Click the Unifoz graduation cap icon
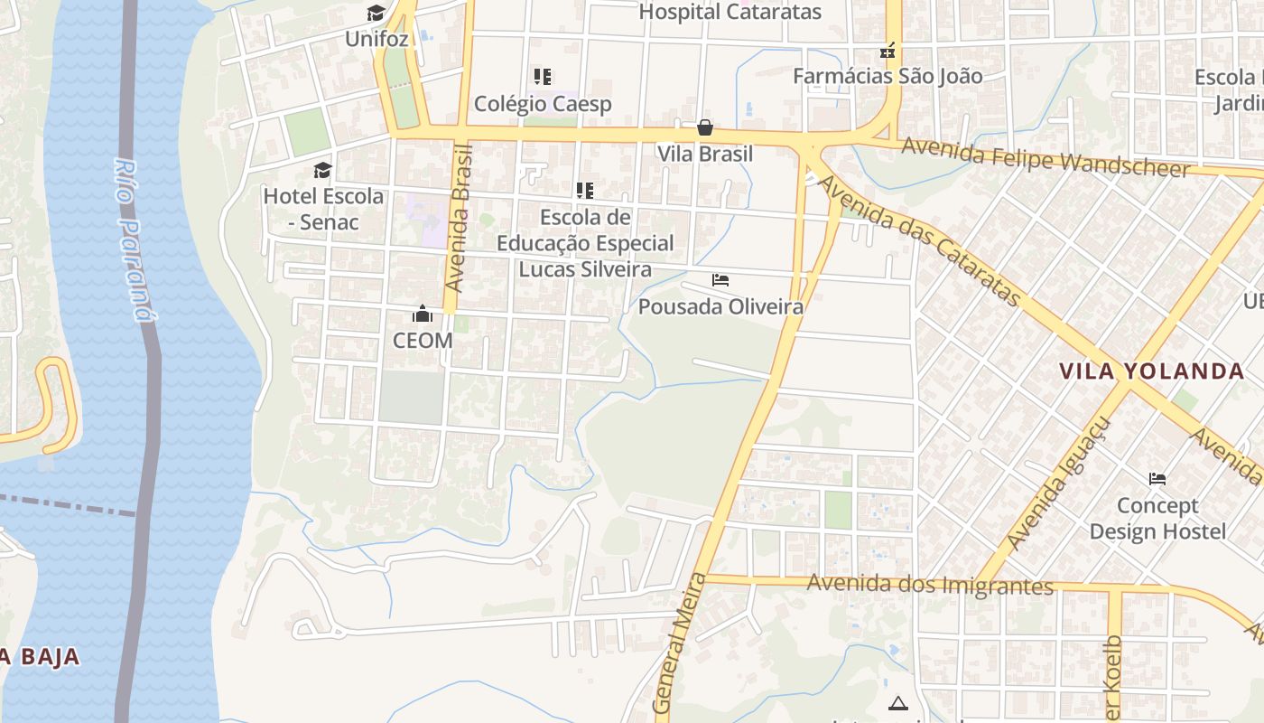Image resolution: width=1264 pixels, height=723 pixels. (x=376, y=14)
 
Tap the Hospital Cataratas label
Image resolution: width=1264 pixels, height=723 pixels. (x=730, y=12)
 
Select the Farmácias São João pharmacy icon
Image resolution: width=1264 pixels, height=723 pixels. (x=888, y=51)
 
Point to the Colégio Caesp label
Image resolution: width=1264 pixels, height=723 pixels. (x=543, y=104)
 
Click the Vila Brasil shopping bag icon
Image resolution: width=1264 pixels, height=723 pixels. (x=705, y=127)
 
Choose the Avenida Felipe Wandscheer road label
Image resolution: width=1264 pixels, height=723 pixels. (x=1046, y=157)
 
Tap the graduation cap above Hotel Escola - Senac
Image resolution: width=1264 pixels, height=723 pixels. (x=322, y=170)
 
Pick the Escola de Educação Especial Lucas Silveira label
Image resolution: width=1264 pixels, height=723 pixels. (x=585, y=243)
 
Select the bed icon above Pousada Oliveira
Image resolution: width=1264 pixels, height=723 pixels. (x=720, y=280)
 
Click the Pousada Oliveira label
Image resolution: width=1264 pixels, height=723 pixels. (x=720, y=307)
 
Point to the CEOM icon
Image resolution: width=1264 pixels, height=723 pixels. (x=422, y=315)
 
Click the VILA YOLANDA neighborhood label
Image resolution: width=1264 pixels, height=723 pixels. (x=1151, y=371)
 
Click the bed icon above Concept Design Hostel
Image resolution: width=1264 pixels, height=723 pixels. (x=1157, y=478)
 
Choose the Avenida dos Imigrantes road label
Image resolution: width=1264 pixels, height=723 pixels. (x=930, y=585)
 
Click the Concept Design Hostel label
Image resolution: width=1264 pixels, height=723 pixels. (x=1157, y=518)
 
